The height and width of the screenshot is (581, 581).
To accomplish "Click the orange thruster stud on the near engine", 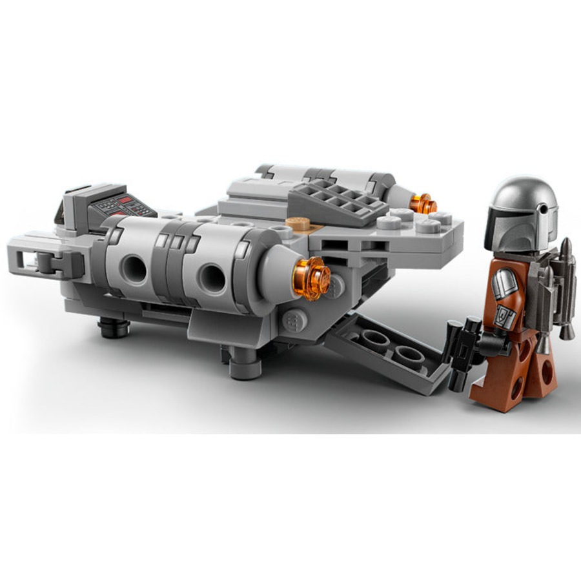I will (311, 278).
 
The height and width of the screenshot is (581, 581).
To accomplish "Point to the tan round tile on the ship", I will (298, 224).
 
